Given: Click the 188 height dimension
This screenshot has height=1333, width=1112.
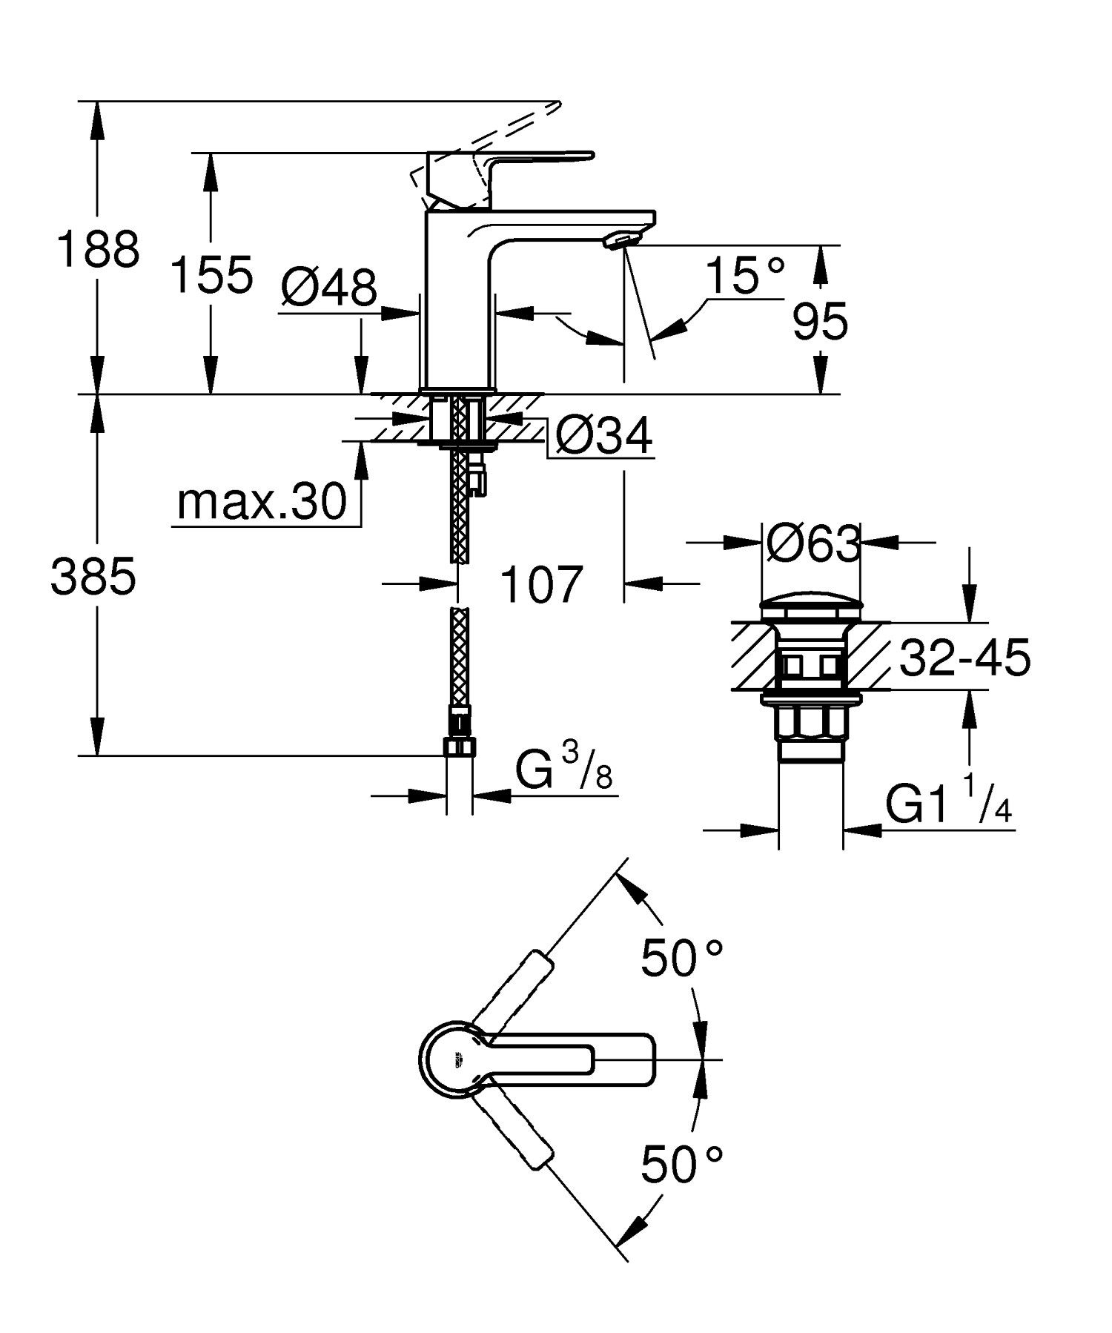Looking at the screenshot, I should tap(98, 250).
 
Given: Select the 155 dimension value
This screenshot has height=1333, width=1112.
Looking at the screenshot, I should tap(211, 274).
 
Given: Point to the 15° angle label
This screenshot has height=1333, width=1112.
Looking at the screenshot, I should tap(744, 277).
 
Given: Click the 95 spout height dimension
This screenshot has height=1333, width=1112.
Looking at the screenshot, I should tap(819, 323).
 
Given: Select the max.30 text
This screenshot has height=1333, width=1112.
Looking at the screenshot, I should tap(262, 502).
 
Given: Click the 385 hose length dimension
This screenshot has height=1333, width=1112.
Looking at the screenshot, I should tap(93, 577).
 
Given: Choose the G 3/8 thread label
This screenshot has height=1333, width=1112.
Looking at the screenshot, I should tap(563, 772).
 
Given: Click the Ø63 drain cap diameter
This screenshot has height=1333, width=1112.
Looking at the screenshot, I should tap(813, 543).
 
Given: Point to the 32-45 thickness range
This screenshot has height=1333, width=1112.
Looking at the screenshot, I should tap(964, 657).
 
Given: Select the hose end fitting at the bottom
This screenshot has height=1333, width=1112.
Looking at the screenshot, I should tap(459, 746).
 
